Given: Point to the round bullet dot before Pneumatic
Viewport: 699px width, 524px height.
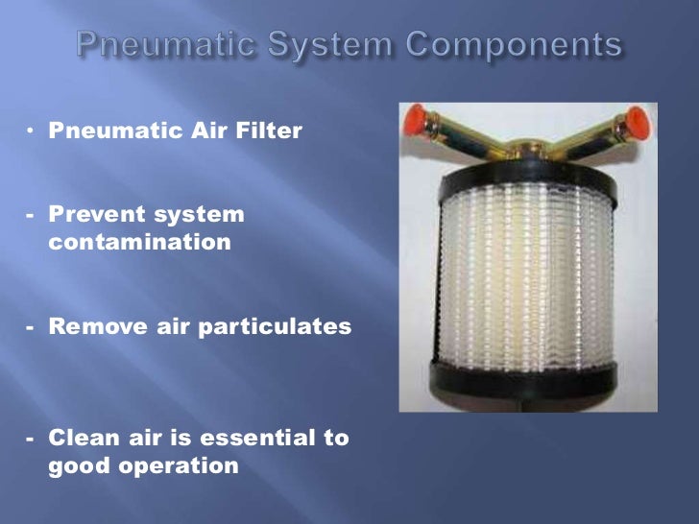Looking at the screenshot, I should (31, 129).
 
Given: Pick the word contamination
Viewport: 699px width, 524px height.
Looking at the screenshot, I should (140, 242).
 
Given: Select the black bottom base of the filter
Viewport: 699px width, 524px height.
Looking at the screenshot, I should (528, 384).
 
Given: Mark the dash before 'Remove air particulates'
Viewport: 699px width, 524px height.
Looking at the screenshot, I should (31, 326).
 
